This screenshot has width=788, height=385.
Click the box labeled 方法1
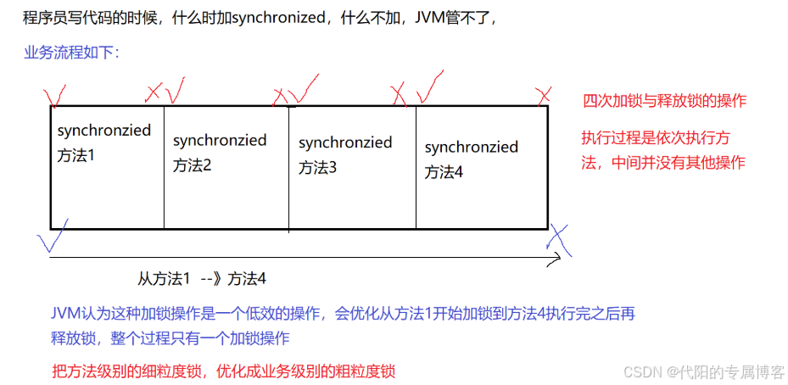[x=107, y=166]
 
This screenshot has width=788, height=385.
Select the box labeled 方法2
[x=226, y=166]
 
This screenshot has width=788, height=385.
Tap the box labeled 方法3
[x=352, y=166]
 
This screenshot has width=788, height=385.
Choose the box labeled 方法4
[x=481, y=166]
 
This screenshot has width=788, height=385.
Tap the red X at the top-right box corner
[x=544, y=92]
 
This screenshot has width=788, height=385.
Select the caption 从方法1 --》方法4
[x=203, y=278]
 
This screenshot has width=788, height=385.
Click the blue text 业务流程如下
[x=71, y=52]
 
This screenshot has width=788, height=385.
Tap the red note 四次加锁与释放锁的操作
[x=664, y=101]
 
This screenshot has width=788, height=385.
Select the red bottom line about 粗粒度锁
[x=223, y=371]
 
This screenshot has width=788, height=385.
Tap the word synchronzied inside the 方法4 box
[x=471, y=148]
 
